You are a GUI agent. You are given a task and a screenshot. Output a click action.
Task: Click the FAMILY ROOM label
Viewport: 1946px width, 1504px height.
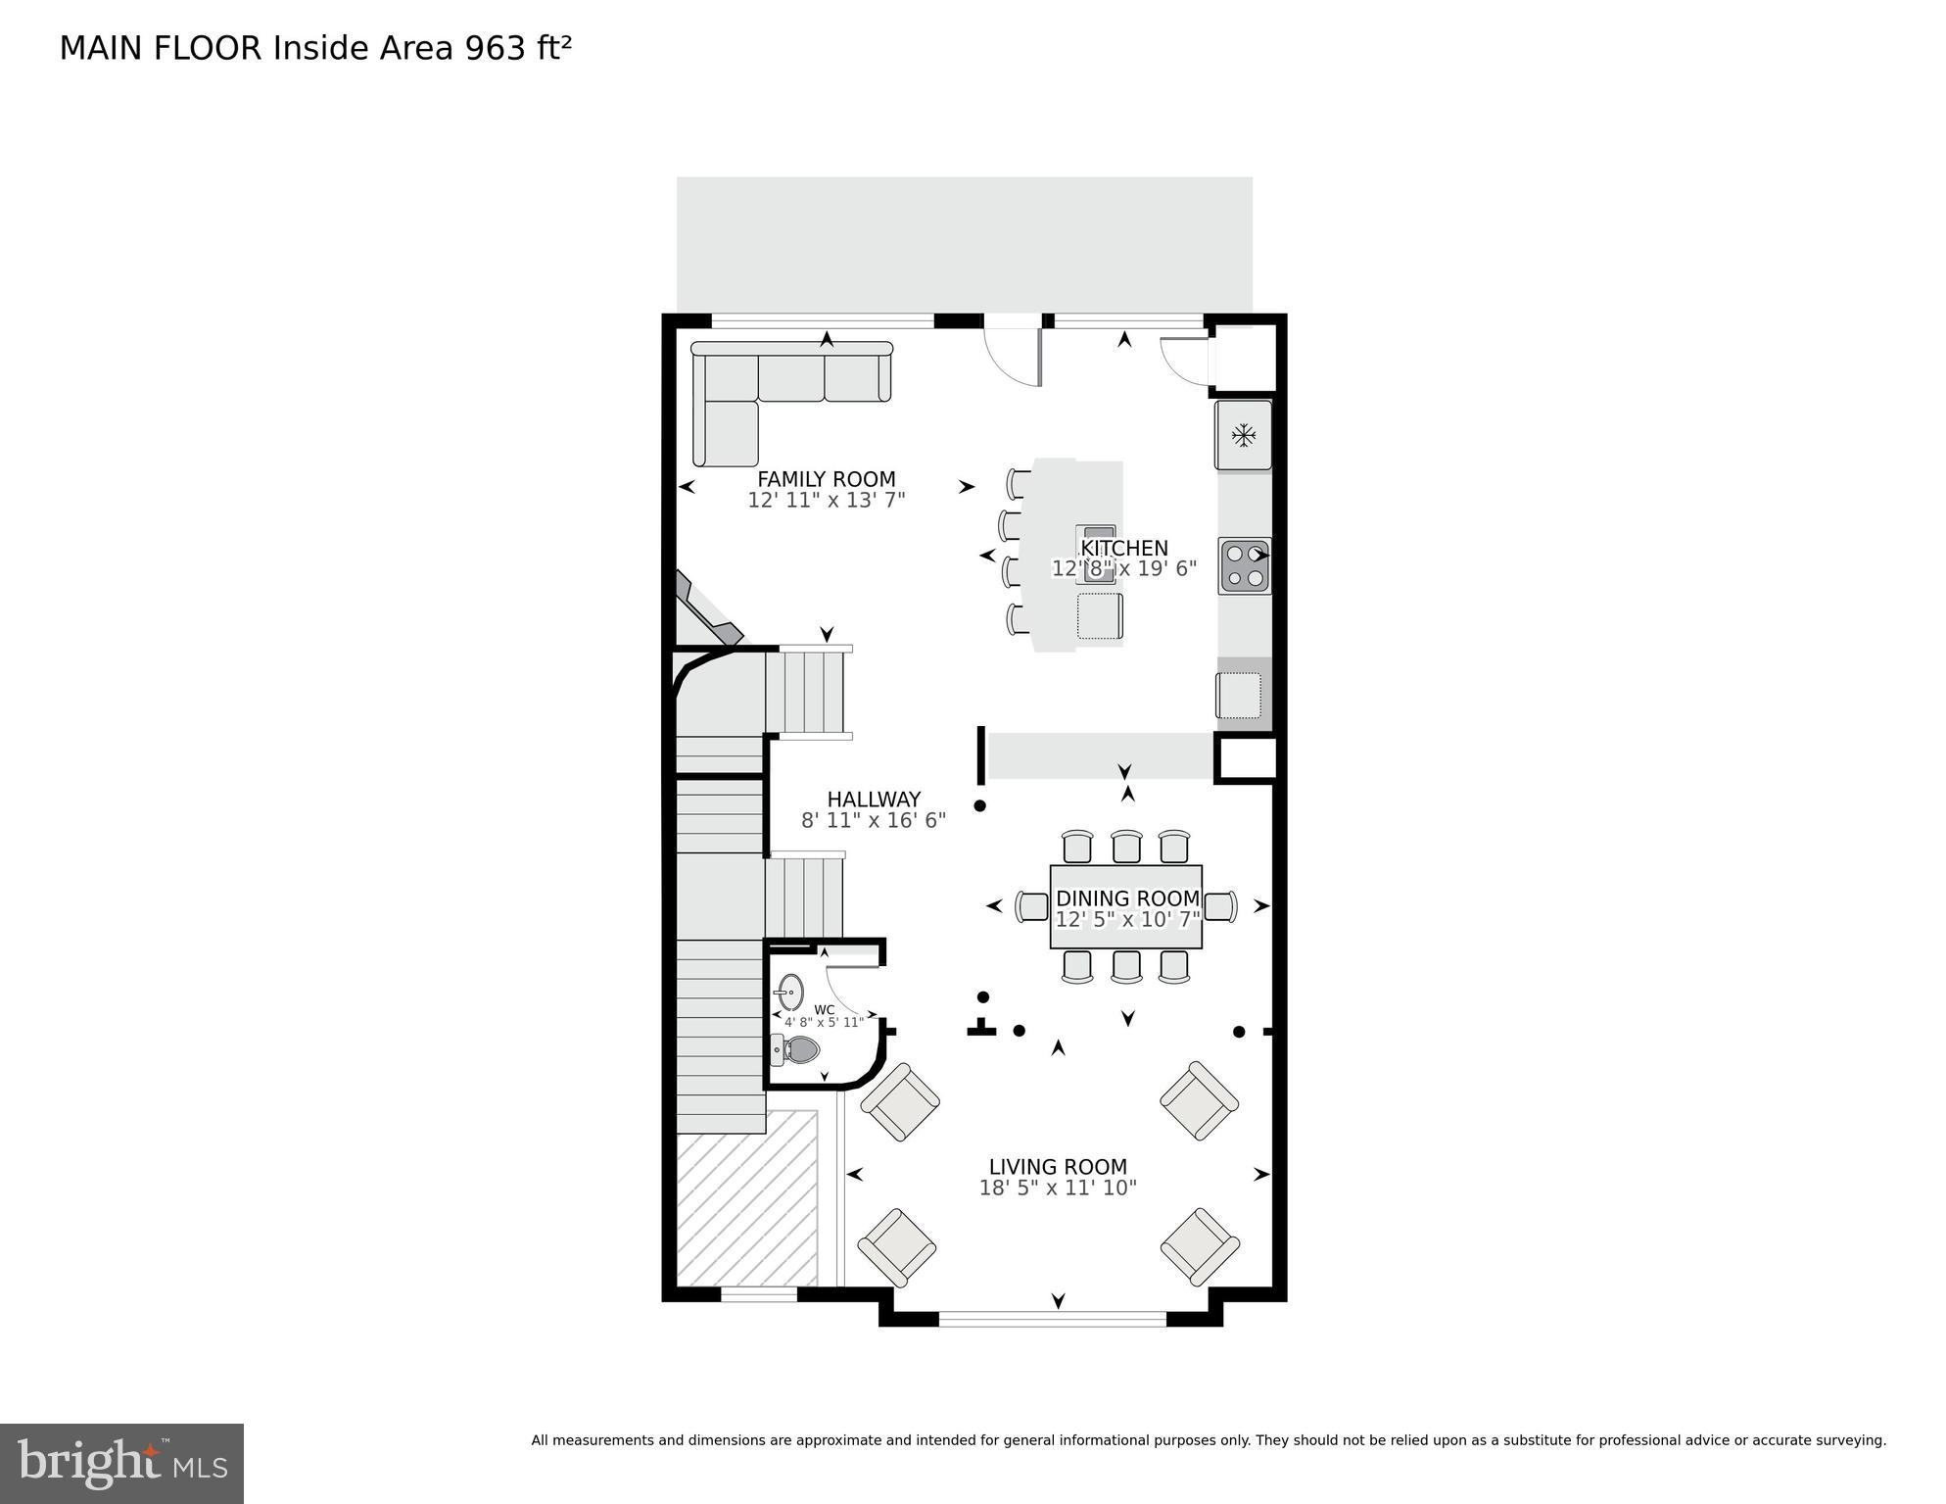(826, 479)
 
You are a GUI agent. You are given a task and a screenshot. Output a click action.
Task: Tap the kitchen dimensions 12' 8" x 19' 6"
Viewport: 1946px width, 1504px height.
(1123, 568)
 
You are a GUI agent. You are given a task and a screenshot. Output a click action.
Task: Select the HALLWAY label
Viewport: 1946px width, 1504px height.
(874, 800)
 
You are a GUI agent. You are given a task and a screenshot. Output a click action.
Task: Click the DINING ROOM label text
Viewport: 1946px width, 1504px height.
(1127, 898)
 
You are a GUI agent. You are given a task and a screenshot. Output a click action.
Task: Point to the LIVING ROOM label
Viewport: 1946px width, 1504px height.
(1058, 1167)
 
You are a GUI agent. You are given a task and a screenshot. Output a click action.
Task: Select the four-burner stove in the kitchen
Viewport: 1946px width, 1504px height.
(1245, 566)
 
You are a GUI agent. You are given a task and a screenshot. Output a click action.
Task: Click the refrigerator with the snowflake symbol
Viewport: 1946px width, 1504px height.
(1244, 435)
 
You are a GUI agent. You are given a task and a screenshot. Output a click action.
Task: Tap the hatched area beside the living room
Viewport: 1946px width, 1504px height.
(746, 1197)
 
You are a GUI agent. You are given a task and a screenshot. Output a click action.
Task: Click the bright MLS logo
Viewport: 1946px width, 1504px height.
(121, 1463)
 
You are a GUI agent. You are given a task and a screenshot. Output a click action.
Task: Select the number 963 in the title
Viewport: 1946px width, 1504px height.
(495, 48)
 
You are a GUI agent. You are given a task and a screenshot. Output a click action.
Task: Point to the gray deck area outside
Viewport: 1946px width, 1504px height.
(964, 244)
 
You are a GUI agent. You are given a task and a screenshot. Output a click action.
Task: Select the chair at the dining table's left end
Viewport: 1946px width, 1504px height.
(1032, 906)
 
